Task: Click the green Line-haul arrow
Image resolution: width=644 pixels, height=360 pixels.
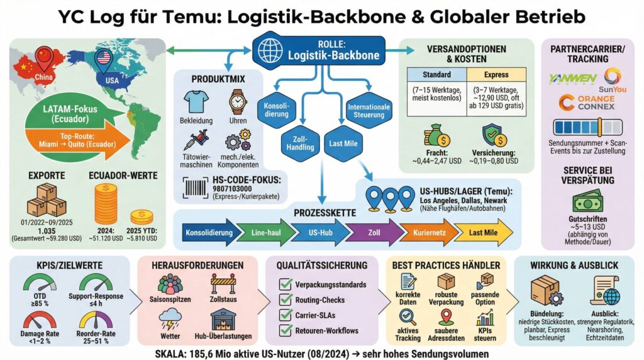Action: click(261, 233)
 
